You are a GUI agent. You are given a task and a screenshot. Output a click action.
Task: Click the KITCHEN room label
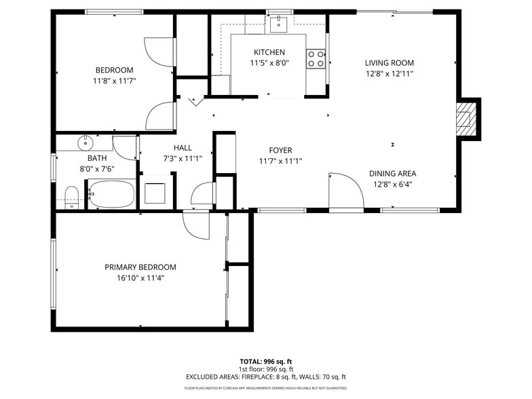pos(269,52)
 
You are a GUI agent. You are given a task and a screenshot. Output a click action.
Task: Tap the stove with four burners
pos(316,59)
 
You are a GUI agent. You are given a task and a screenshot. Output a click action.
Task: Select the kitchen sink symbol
pos(278,25)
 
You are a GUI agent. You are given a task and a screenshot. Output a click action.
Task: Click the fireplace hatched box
pos(465,118)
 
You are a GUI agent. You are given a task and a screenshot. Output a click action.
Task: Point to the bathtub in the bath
pos(111,195)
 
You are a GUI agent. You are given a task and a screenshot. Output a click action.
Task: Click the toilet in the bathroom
pos(72,198)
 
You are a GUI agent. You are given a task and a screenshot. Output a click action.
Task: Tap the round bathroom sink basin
pos(85,144)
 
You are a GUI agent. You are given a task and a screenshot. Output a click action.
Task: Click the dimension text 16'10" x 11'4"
pos(140,278)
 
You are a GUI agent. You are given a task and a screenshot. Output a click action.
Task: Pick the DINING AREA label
pos(392,173)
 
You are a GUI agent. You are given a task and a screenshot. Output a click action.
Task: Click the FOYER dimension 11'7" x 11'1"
pos(280,161)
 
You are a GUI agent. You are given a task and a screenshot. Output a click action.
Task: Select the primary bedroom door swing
pos(195,225)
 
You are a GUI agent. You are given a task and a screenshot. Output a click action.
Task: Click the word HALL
pos(183,147)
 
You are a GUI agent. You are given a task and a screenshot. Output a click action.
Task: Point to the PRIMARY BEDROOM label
pos(140,267)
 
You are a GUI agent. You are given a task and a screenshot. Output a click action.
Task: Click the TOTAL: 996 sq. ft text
pos(265,361)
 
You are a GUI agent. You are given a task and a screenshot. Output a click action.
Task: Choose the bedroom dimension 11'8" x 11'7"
pos(114,80)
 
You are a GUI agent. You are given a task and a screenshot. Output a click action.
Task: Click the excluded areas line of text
pos(265,377)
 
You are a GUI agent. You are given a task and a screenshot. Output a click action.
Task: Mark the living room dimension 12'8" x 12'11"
pos(389,73)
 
